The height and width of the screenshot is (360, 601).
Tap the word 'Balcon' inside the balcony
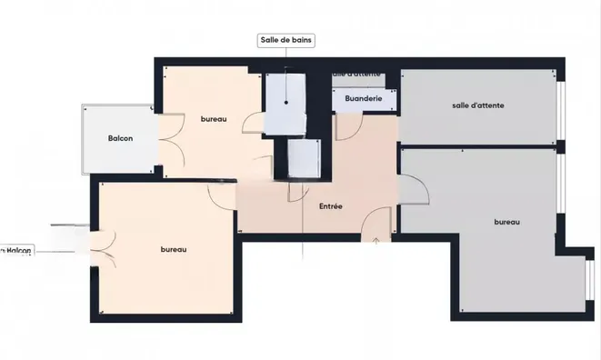click(120, 138)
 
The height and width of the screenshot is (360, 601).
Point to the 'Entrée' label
click(331, 207)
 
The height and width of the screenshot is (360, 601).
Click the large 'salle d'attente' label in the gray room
click(477, 105)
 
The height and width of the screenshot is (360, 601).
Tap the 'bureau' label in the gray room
click(506, 222)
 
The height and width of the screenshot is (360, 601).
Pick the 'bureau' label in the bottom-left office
click(173, 250)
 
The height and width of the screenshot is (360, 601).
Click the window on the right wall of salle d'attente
click(561, 110)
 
